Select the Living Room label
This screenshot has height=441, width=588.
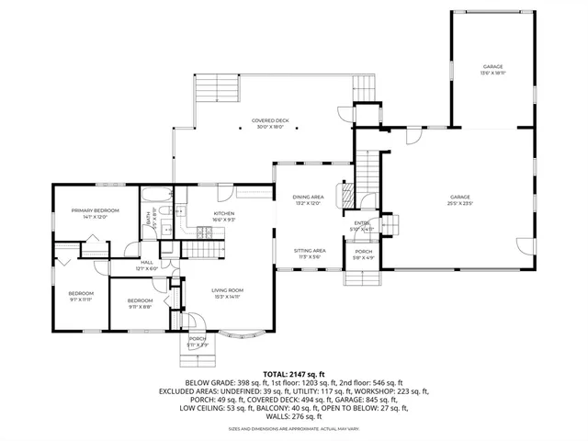[x=227, y=291]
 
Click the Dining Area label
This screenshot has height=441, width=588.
[x=308, y=198]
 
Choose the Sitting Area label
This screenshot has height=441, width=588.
[x=309, y=250]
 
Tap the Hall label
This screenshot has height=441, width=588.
[x=147, y=263]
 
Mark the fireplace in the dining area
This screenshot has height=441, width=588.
[x=346, y=196]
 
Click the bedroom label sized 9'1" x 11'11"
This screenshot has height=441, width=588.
[x=81, y=294]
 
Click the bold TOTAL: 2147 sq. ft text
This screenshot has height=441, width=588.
[x=294, y=374]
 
